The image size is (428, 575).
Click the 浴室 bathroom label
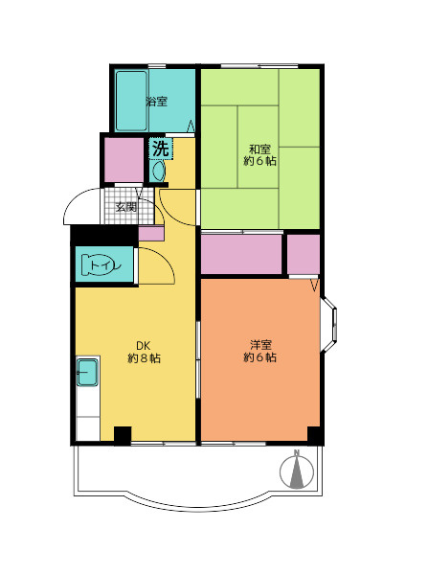pos(157,102)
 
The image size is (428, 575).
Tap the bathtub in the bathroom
pos(131,101)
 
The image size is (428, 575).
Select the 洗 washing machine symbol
pos(161,149)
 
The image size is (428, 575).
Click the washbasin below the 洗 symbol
pos(159,172)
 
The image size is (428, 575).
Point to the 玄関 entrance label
pos(126,207)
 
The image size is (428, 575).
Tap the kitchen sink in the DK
pos(87,372)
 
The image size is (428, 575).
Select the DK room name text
pos(144,345)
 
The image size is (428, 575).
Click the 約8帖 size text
pos(144,357)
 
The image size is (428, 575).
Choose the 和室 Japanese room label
pos(259,149)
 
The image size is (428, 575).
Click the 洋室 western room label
pos(260,345)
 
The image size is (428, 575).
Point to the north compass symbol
pos(297,471)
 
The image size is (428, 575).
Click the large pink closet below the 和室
pos(241,254)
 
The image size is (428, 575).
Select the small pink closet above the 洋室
pos(303,254)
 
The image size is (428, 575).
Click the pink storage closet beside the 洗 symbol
pos(124,159)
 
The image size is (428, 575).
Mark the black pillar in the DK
pos(123,435)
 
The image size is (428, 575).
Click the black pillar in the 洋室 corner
pos(314,435)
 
